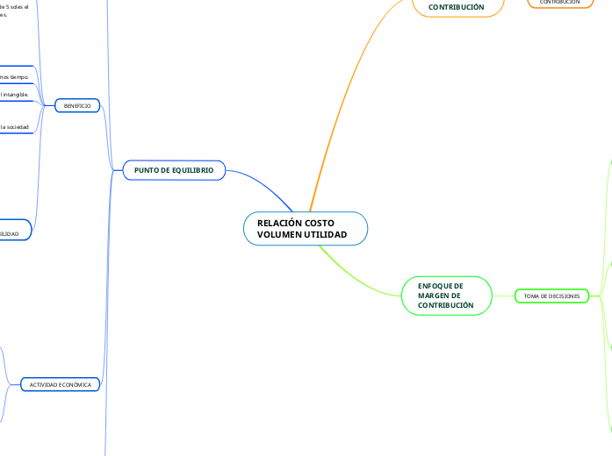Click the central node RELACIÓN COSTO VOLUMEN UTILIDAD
point(305,229)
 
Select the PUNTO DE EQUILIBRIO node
point(174,169)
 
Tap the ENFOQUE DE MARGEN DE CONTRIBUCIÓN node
point(446,296)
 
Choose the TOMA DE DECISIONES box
point(551,296)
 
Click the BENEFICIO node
point(77,105)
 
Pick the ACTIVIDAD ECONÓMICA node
point(61,384)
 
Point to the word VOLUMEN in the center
point(280,235)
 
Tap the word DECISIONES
point(565,296)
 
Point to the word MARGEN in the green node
point(433,296)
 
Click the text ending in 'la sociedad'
point(16,128)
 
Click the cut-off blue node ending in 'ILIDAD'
point(12,233)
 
